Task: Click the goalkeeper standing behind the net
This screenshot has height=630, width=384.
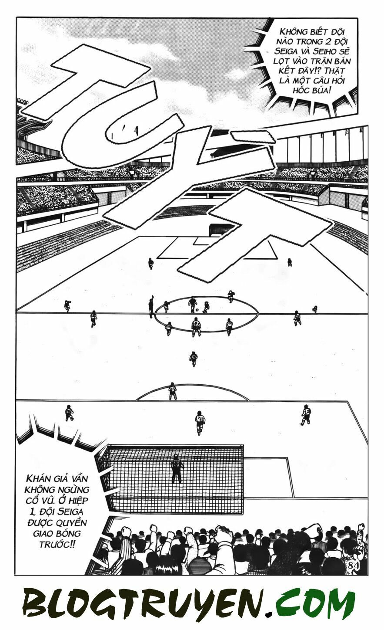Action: (x=177, y=469)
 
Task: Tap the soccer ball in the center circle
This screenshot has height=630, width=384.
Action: (x=197, y=311)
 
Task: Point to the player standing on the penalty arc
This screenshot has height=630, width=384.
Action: (x=173, y=391)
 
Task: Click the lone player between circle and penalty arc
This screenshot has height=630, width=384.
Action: (x=194, y=359)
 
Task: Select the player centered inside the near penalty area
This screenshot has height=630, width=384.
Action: (x=200, y=422)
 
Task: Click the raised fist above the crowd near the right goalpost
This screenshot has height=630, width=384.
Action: (x=224, y=534)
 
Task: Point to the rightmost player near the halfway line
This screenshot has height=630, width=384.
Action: (x=314, y=309)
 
